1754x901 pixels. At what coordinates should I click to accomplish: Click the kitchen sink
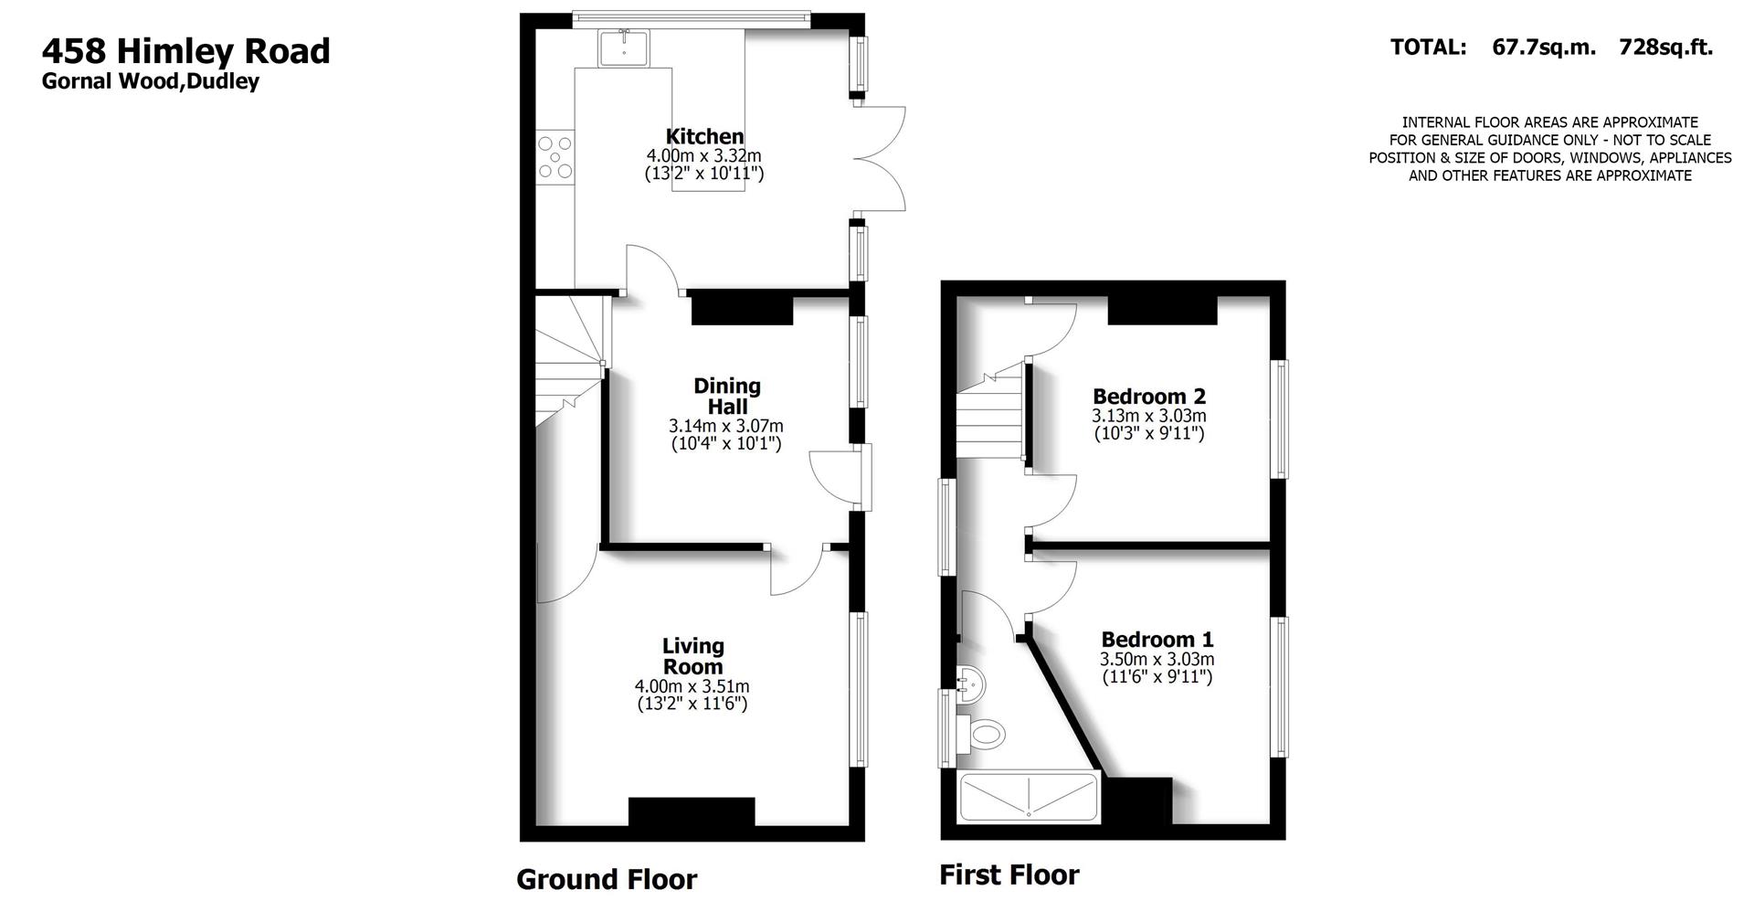point(625,48)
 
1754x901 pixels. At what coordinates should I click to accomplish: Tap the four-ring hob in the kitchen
point(555,156)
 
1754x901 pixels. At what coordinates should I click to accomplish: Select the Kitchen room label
point(704,137)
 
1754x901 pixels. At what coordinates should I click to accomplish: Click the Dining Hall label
point(727,397)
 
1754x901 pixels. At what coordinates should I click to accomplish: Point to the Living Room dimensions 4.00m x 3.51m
point(692,686)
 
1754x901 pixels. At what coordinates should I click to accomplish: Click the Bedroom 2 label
point(1149,397)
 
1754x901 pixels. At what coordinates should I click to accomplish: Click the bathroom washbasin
point(969,682)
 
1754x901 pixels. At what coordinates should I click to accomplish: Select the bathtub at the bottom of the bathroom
point(1028,797)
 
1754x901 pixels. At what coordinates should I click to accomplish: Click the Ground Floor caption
point(607,879)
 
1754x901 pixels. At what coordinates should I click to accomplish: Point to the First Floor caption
point(1009,875)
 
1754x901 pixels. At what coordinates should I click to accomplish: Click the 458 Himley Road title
point(185,50)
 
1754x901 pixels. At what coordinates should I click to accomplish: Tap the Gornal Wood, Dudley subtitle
point(151,81)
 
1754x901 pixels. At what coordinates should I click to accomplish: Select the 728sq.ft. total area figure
point(1665,48)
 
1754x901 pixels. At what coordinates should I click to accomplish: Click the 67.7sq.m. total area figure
point(1544,48)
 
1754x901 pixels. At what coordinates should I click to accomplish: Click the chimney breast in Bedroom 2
point(1162,310)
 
